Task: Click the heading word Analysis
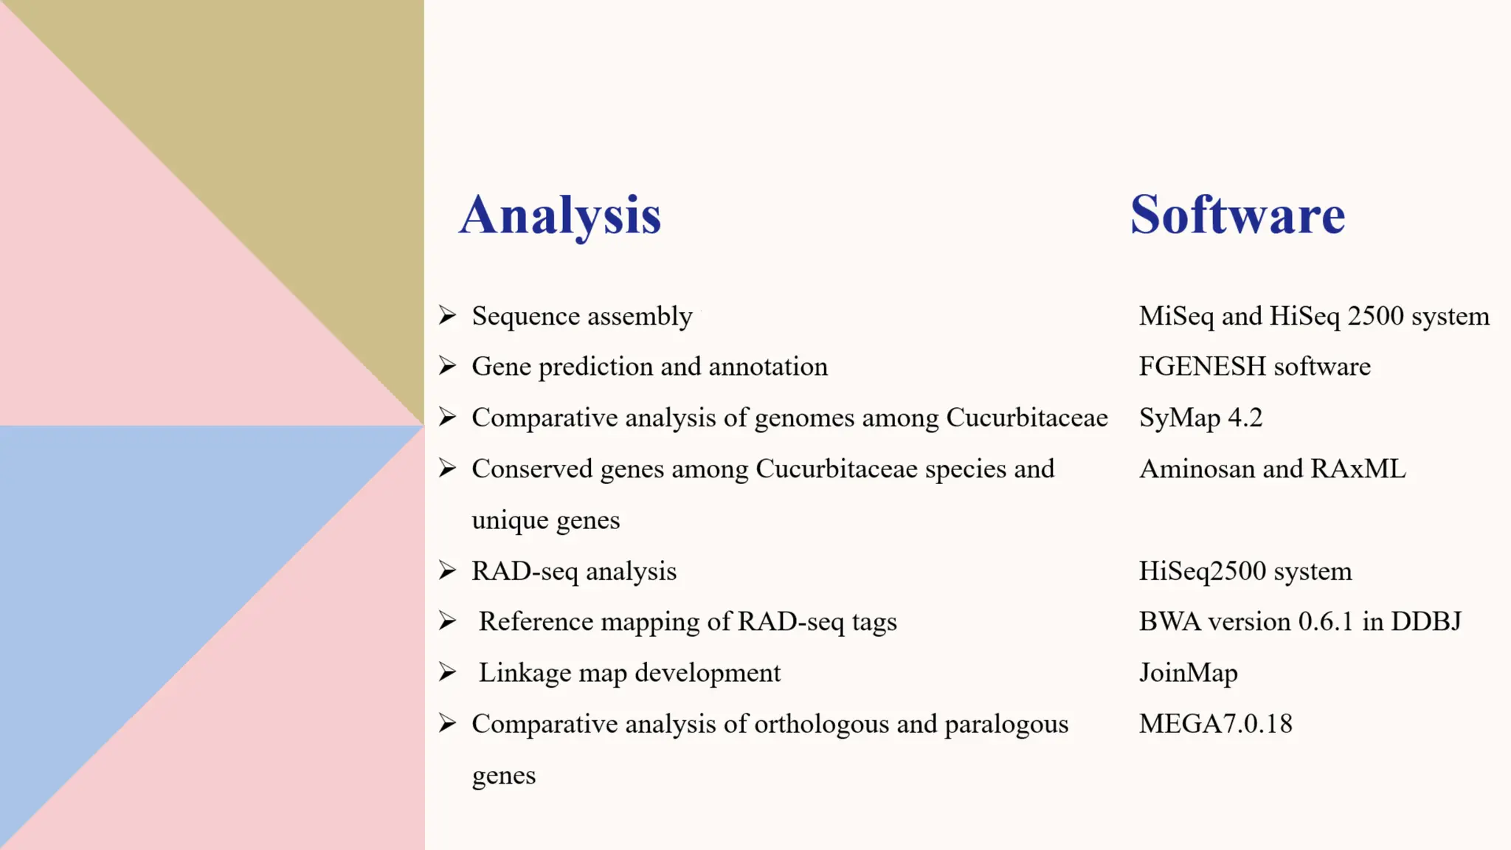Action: [x=560, y=215]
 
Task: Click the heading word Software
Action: [x=1237, y=215]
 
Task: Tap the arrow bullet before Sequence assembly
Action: [x=447, y=315]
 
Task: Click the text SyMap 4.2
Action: [x=1200, y=418]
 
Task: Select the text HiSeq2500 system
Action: [x=1245, y=571]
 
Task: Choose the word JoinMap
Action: [x=1188, y=673]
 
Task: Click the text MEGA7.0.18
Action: [x=1215, y=724]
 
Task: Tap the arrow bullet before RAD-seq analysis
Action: [x=447, y=570]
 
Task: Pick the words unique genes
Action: [x=545, y=520]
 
